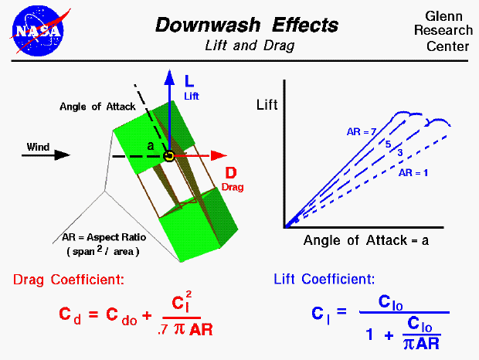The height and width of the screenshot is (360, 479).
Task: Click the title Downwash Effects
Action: pyautogui.click(x=247, y=25)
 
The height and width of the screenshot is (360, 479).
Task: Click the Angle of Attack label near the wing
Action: pyautogui.click(x=97, y=107)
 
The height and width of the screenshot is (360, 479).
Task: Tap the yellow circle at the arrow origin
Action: pyautogui.click(x=168, y=156)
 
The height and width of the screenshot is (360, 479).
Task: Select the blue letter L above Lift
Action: pyautogui.click(x=189, y=80)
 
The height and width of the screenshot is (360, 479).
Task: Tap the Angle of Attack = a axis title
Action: pyautogui.click(x=365, y=239)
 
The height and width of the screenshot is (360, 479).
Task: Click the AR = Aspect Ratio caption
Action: pyautogui.click(x=100, y=238)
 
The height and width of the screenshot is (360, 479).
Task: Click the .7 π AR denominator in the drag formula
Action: pyautogui.click(x=187, y=329)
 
